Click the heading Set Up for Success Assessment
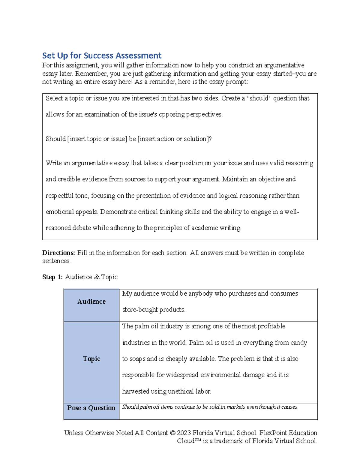(x=102, y=56)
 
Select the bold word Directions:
(x=58, y=253)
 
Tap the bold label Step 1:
(x=52, y=277)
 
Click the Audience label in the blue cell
(x=91, y=302)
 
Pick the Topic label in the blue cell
(x=91, y=359)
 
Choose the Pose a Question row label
(x=91, y=408)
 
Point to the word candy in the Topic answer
(x=299, y=343)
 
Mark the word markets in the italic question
(x=236, y=407)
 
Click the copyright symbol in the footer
(x=172, y=433)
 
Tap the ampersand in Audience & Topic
(x=97, y=277)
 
